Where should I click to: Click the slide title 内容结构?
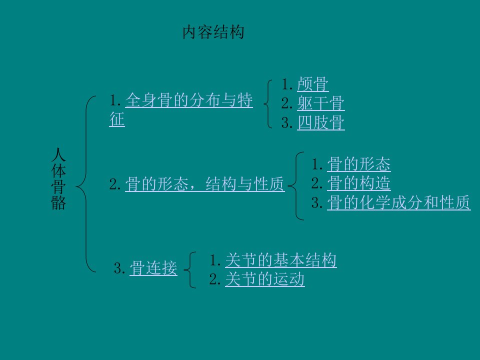tap(213, 32)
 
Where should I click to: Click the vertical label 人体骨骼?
tap(58, 178)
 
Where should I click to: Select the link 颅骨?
tap(313, 84)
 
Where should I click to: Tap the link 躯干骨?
tap(321, 103)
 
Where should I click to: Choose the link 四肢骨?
tap(321, 123)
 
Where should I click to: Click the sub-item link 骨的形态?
tap(359, 164)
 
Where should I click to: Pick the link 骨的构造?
tap(359, 183)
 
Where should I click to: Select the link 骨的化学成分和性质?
tap(398, 202)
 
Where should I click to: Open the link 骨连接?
tap(153, 268)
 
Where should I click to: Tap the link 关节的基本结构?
tap(280, 260)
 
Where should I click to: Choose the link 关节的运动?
tap(265, 279)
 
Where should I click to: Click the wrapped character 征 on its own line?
tap(117, 119)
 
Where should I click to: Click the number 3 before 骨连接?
tap(119, 268)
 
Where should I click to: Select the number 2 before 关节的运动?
tap(215, 279)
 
